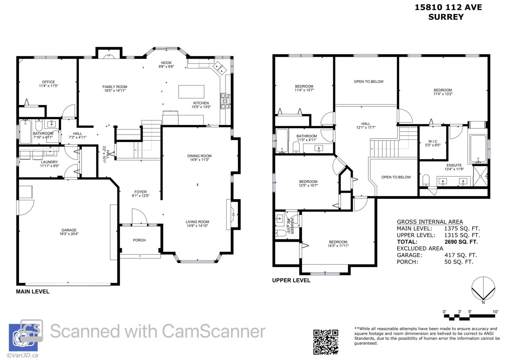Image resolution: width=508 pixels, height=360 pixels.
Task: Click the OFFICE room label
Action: point(48,82)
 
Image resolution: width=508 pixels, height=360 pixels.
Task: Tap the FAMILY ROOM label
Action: point(115,87)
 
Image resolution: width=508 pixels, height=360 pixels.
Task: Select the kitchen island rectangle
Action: point(191,92)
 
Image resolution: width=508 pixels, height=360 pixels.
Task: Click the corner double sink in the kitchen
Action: point(219,68)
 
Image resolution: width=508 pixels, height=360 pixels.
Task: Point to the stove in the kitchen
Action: point(225,101)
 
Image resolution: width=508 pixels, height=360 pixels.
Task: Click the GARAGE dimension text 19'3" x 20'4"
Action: point(69,234)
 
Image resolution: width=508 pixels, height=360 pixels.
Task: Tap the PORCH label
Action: point(139,240)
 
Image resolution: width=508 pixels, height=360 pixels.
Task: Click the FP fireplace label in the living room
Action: point(233,214)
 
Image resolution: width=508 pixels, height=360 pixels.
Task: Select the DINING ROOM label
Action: point(199,156)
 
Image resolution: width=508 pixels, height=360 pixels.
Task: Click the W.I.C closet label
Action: point(433,141)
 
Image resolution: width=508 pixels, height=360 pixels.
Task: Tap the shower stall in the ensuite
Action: point(480,176)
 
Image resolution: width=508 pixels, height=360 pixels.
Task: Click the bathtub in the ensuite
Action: point(478,148)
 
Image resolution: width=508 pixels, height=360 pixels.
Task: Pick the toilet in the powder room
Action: point(281,233)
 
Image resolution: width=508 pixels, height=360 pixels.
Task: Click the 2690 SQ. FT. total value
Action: point(461,242)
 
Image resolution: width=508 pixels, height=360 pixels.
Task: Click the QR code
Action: point(326,342)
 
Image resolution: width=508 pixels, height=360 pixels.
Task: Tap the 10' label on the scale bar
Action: point(495,312)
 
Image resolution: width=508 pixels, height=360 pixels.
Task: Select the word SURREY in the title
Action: point(446,17)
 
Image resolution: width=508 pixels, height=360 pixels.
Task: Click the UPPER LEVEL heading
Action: point(291,280)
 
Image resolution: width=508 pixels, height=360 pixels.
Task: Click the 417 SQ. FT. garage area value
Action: point(461,255)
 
